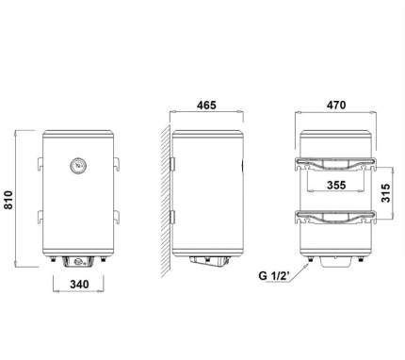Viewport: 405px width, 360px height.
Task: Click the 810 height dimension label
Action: pos(8,200)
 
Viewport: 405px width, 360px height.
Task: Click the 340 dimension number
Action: pos(79,285)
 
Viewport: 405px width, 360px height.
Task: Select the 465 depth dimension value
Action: pos(206,105)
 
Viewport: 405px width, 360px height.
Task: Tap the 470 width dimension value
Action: pos(336,105)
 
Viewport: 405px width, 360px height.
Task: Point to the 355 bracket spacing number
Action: pos(336,185)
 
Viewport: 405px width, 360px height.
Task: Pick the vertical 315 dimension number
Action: pos(385,192)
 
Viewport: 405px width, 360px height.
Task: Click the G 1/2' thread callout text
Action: pos(275,276)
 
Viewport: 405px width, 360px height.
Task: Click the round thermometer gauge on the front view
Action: pos(78,166)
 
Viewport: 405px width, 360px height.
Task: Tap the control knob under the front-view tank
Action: pos(78,261)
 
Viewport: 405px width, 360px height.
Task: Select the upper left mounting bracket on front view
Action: pos(40,164)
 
